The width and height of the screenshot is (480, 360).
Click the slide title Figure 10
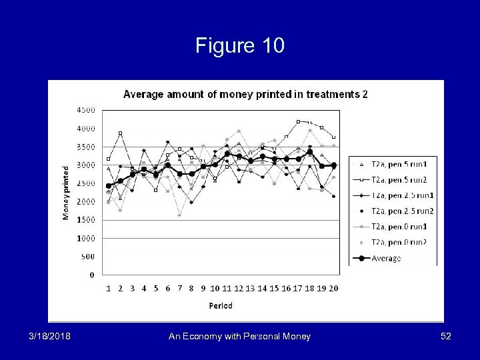point(240,45)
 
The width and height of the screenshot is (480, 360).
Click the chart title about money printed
point(245,94)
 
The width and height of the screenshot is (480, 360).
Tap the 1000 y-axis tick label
point(87,238)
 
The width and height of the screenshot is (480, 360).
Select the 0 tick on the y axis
point(91,275)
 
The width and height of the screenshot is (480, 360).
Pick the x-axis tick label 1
point(109,289)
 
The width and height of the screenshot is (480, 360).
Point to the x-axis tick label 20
point(333,289)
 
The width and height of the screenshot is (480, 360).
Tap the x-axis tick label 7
point(179,289)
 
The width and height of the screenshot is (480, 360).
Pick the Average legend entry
point(387,258)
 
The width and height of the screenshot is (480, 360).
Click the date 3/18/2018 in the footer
point(49,337)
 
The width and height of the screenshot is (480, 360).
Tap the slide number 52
point(445,337)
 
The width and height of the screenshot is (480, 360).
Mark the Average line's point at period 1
point(109,186)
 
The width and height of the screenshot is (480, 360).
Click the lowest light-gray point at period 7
point(179,215)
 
